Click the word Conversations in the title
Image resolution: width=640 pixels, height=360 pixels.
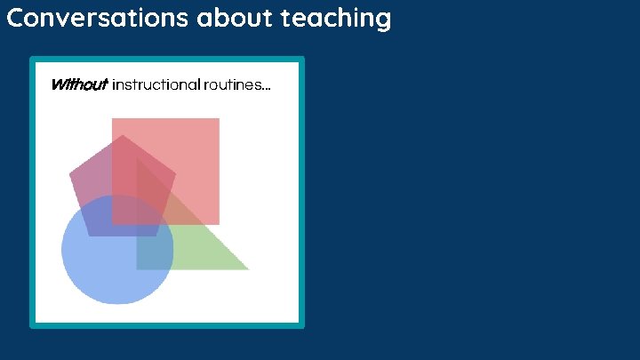pyautogui.click(x=93, y=18)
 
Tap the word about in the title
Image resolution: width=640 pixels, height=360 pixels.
pyautogui.click(x=233, y=18)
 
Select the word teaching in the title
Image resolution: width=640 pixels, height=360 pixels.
pyautogui.click(x=336, y=18)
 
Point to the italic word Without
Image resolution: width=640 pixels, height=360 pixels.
pyautogui.click(x=78, y=85)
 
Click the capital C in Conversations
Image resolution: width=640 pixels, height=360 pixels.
pyautogui.click(x=14, y=18)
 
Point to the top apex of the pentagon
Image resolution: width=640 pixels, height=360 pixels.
pyautogui.click(x=123, y=136)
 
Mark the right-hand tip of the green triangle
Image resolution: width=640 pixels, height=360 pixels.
pyautogui.click(x=249, y=269)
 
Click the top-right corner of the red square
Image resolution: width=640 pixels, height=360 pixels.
pyautogui.click(x=219, y=119)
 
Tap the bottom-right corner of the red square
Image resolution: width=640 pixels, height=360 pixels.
pyautogui.click(x=219, y=224)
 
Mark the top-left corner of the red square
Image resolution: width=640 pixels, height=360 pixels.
pyautogui.click(x=112, y=119)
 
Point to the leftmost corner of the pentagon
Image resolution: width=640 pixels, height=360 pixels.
pyautogui.click(x=70, y=174)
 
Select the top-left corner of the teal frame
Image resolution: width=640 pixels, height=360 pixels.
pyautogui.click(x=32, y=60)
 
